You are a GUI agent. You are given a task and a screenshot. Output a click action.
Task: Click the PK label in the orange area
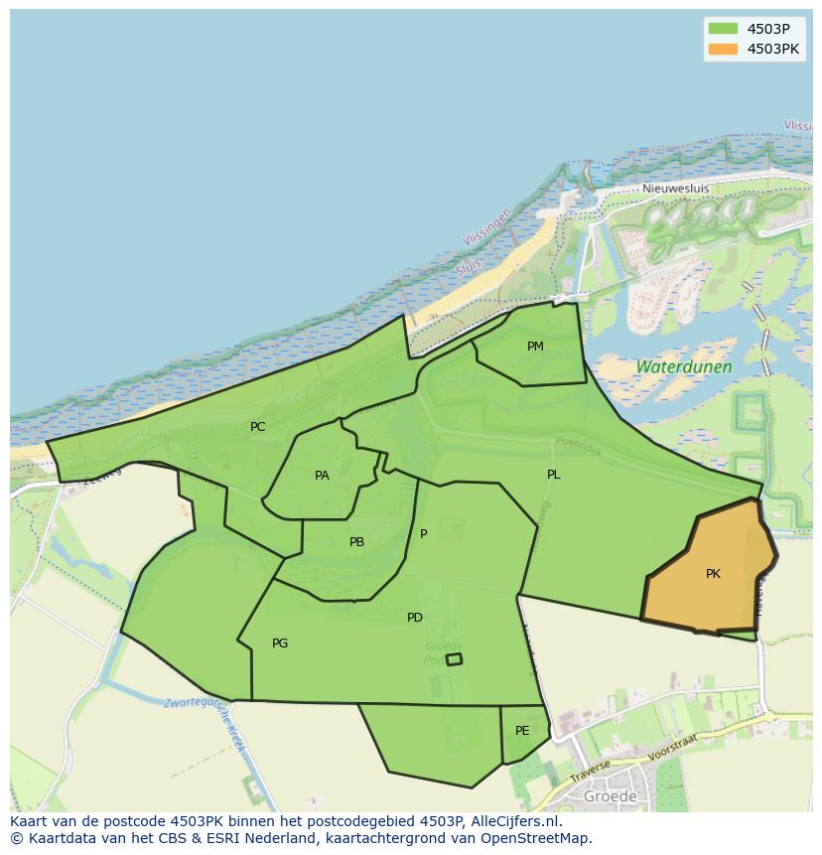point(713,574)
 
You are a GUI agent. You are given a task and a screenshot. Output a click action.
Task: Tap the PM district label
point(535,347)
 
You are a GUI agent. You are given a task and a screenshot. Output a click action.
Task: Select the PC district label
point(257,427)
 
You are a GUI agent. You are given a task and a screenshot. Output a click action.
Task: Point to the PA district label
point(322,476)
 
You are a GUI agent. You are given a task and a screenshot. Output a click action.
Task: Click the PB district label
point(356,542)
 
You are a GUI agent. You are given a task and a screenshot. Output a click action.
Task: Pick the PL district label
point(553,475)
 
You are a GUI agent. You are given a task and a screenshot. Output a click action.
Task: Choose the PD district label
point(415,618)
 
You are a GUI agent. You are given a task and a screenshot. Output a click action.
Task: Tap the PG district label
point(280,643)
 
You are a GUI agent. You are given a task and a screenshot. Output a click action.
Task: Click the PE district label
point(522,731)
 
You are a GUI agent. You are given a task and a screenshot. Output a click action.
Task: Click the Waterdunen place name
point(684,366)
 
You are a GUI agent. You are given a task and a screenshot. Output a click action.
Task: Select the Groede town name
point(611,796)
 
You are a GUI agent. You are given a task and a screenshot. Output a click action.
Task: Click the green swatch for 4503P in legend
point(723,29)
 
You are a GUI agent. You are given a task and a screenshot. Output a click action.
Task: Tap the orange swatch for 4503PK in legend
point(723,49)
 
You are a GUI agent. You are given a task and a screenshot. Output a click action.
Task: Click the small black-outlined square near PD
point(454,659)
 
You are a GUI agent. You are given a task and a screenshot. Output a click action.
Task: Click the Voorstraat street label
point(673,746)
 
